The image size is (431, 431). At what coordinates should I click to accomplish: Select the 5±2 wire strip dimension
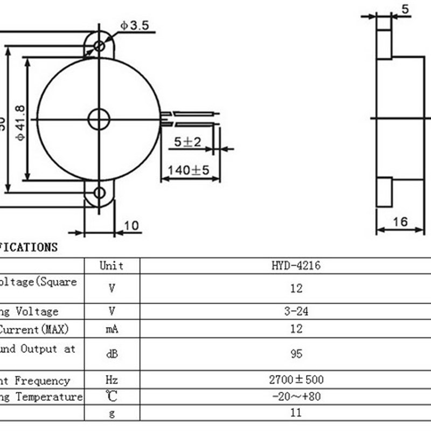187,142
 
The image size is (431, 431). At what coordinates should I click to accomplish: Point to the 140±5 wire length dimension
187,170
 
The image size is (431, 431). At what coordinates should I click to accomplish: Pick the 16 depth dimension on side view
400,221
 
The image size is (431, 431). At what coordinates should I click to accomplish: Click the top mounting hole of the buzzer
99,46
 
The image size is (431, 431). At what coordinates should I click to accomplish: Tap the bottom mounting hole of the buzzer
99,193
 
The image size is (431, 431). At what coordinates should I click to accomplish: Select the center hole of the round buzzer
99,119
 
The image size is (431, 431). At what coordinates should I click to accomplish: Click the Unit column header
112,266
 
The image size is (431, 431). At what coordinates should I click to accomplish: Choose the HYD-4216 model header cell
296,266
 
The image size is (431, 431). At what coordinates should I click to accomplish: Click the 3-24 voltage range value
296,311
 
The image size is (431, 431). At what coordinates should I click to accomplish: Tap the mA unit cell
112,329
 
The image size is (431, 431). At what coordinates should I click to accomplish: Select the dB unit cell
112,354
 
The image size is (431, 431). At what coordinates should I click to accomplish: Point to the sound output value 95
296,354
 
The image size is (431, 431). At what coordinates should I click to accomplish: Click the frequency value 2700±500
296,380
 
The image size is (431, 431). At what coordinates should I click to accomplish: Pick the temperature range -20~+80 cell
296,397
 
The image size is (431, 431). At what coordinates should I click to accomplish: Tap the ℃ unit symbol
112,397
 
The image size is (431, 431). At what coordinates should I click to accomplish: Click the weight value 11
296,413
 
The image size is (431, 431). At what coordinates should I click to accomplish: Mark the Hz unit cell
112,380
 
